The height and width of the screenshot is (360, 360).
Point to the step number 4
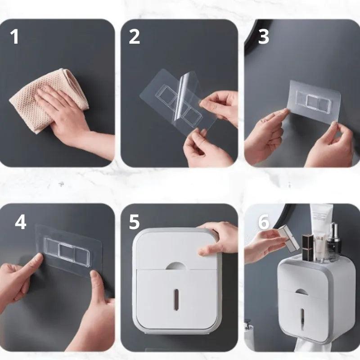21,222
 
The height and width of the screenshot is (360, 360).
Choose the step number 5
135,222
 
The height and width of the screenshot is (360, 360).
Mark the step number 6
263,222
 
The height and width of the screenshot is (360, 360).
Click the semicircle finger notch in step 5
176,266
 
